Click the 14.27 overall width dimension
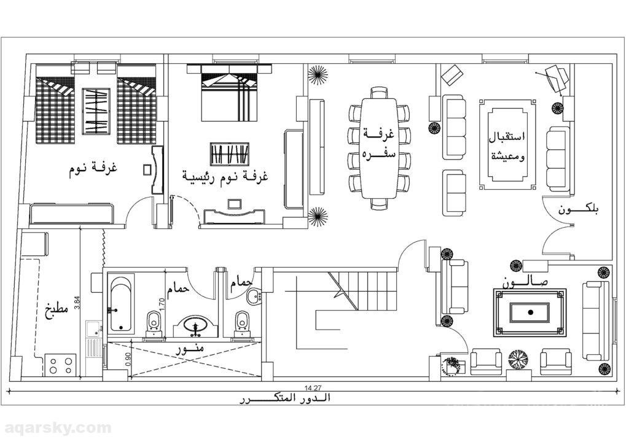pos(313,387)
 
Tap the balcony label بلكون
pos(579,210)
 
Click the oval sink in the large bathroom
pos(196,325)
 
